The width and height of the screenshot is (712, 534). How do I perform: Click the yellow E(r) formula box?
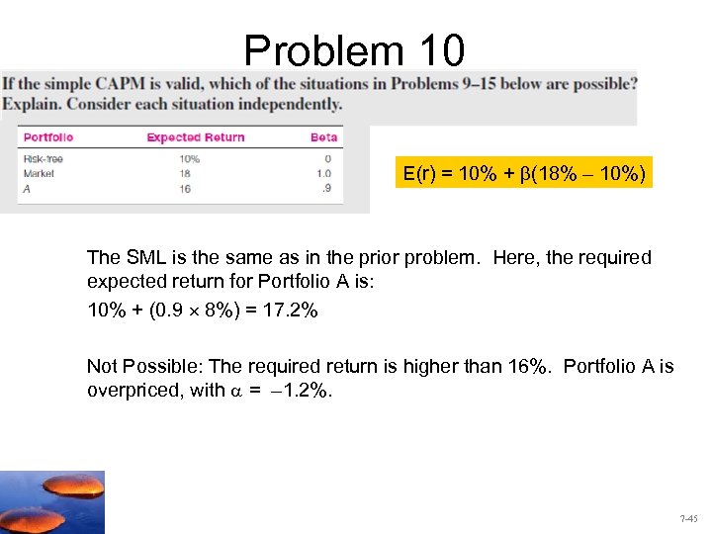[x=524, y=175]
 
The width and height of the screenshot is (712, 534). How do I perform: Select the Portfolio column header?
[x=48, y=137]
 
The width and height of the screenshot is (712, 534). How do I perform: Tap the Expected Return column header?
[x=195, y=137]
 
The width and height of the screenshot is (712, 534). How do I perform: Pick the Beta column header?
[x=323, y=137]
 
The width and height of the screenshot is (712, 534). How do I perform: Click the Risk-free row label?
[x=43, y=159]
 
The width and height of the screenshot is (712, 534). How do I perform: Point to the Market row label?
[x=38, y=172]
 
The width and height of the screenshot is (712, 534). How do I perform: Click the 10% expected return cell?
[x=190, y=159]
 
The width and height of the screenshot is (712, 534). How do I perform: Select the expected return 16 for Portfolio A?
[x=185, y=187]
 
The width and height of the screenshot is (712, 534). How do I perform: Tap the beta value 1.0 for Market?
[x=324, y=172]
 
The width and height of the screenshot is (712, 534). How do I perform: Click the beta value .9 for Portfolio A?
[x=327, y=187]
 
